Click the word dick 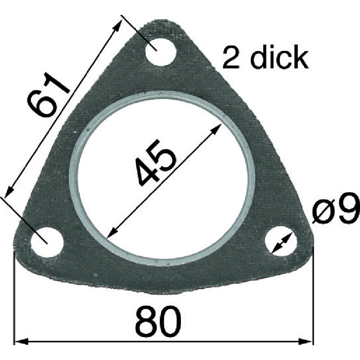pos(279,58)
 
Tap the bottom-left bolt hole pos(47,242)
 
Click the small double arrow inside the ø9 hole pos(281,243)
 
